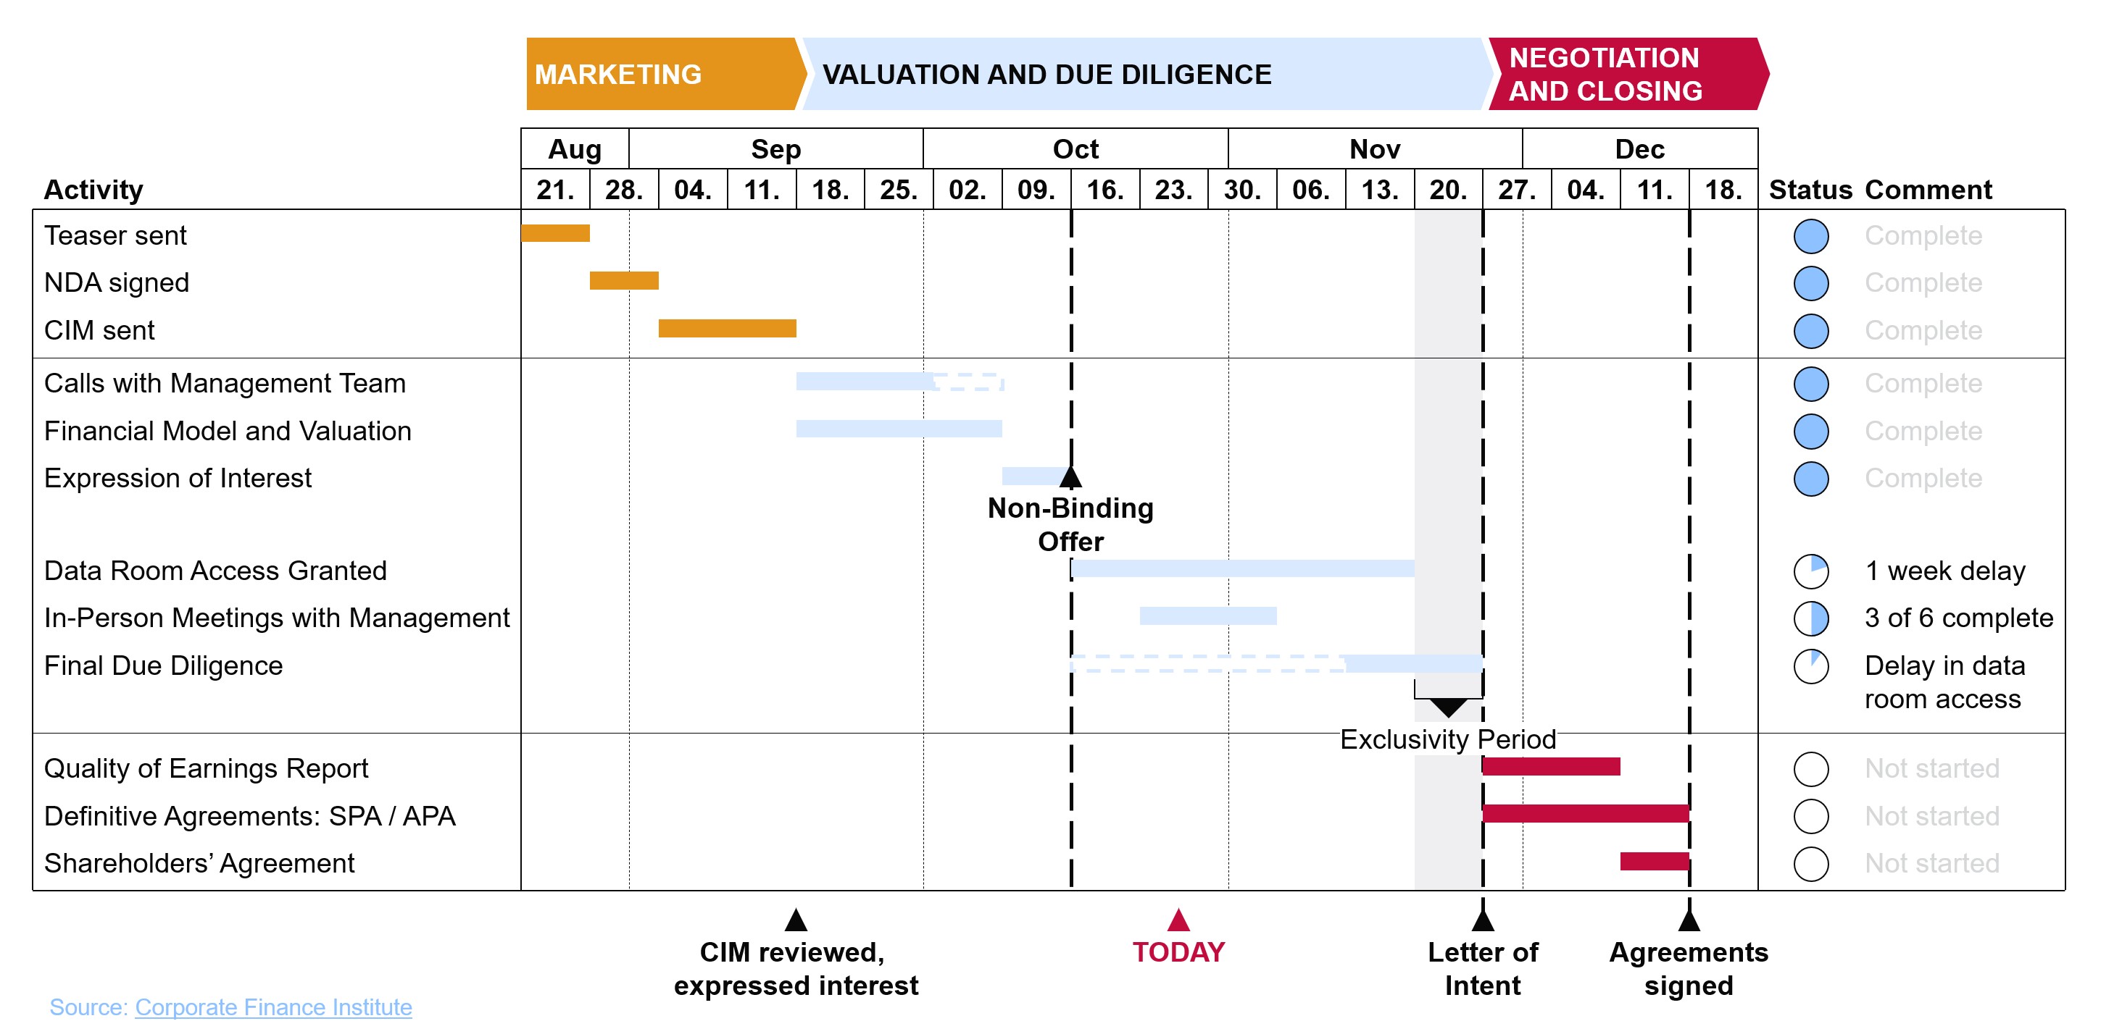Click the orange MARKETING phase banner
[659, 74]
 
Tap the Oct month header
[1075, 149]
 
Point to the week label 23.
[1173, 190]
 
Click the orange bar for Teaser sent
[555, 233]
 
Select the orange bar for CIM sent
[727, 329]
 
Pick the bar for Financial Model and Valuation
[898, 428]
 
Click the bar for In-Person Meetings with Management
[1207, 616]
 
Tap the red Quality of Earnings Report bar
[1550, 767]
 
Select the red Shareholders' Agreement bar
[1654, 861]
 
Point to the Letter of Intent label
[1482, 968]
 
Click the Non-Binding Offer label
[1070, 524]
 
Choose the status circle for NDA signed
[1810, 283]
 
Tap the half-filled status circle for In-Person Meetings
[1810, 618]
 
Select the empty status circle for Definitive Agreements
[1810, 816]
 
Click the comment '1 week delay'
[1944, 571]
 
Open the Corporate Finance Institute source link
[272, 1007]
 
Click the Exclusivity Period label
[1447, 739]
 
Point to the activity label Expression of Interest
[178, 479]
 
